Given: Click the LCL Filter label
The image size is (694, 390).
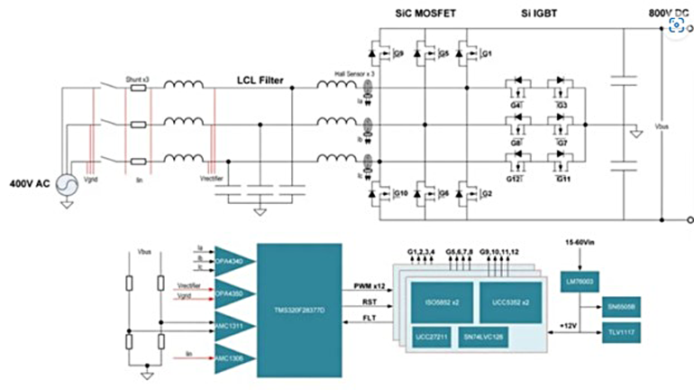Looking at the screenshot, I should tap(260, 81).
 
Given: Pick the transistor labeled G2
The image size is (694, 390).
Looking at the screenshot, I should tap(470, 193).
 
